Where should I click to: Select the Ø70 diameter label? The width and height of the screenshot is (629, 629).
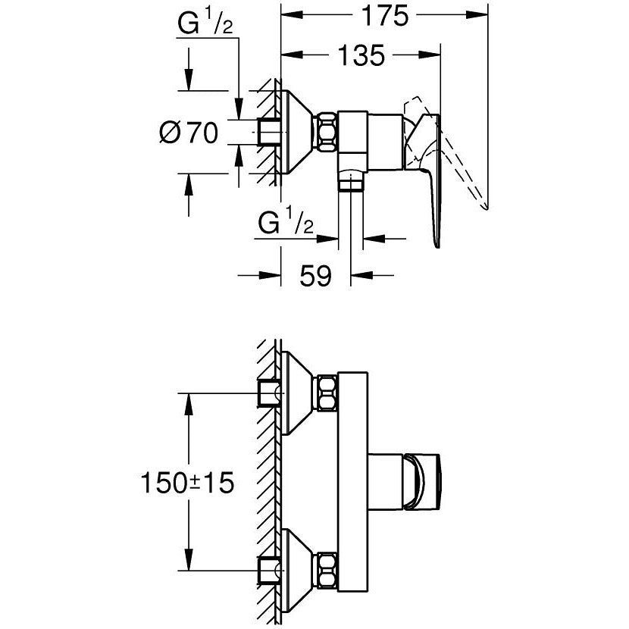tap(189, 133)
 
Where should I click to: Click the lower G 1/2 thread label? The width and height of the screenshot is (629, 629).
tap(286, 223)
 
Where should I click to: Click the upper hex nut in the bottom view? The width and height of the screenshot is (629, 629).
tap(326, 393)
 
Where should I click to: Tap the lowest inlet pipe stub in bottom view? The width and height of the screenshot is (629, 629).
tap(268, 569)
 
